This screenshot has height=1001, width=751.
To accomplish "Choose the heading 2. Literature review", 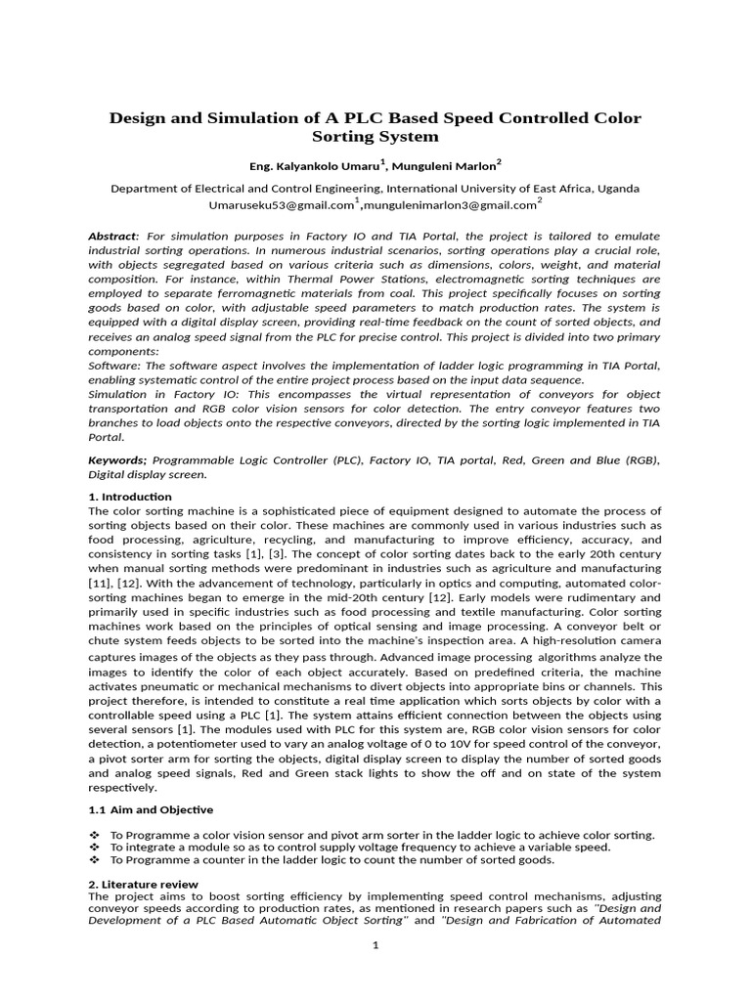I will (x=144, y=884).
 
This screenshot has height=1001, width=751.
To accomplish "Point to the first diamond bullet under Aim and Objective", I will (x=94, y=835).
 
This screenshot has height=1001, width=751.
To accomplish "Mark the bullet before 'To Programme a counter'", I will (x=94, y=859).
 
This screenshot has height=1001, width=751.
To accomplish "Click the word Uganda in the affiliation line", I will (x=617, y=188).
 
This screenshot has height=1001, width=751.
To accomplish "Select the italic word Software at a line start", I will (x=114, y=365).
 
